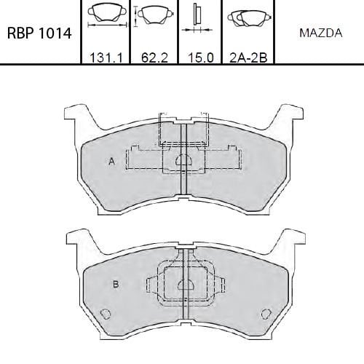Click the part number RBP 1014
[x=39, y=33]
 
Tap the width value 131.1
[x=106, y=58]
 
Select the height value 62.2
[x=154, y=58]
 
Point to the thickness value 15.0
[x=201, y=58]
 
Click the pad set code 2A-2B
[x=248, y=58]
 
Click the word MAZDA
[x=321, y=33]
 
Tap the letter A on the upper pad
[x=111, y=161]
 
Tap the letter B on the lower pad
[x=116, y=284]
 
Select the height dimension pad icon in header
[x=154, y=15]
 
